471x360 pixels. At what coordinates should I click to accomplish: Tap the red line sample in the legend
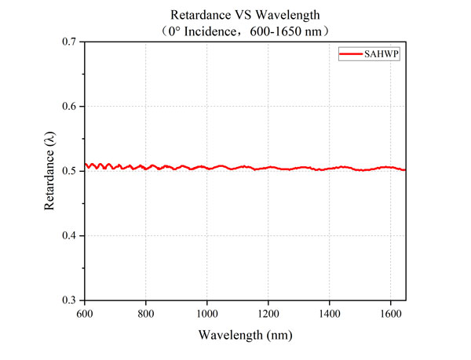tap(349, 53)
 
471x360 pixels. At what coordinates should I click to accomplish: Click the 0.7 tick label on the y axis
tap(68, 41)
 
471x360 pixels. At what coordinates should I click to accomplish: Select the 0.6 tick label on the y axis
tap(68, 106)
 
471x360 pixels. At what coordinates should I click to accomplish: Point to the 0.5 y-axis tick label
tap(68, 170)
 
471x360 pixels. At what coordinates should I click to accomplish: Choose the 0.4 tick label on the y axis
tap(68, 235)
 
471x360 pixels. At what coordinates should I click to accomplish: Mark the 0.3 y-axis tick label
tap(68, 300)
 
